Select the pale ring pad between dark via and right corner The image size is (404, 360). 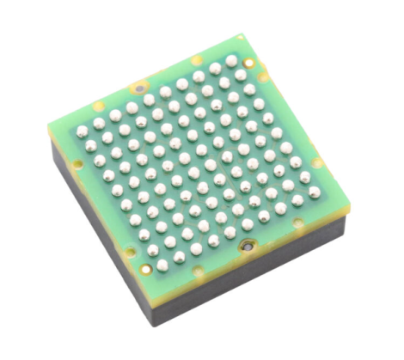(x=296, y=223)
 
